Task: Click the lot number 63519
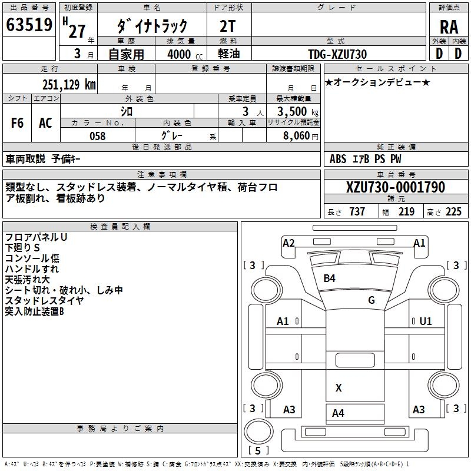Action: click(x=29, y=26)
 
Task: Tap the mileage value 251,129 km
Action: click(x=69, y=84)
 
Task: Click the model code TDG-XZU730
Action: click(x=337, y=54)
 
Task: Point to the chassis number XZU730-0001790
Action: click(x=396, y=187)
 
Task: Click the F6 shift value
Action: click(x=17, y=123)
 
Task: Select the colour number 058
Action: click(x=97, y=136)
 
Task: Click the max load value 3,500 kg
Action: click(x=297, y=112)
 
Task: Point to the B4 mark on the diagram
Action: click(x=329, y=278)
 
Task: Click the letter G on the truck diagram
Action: click(x=372, y=300)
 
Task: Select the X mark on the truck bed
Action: click(x=339, y=387)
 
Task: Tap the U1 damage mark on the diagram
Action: click(x=426, y=321)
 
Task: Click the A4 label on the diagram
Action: click(x=338, y=413)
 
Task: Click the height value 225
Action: click(x=453, y=212)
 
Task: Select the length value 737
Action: click(x=357, y=212)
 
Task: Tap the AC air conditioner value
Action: click(x=45, y=123)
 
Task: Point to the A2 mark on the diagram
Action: click(x=288, y=243)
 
